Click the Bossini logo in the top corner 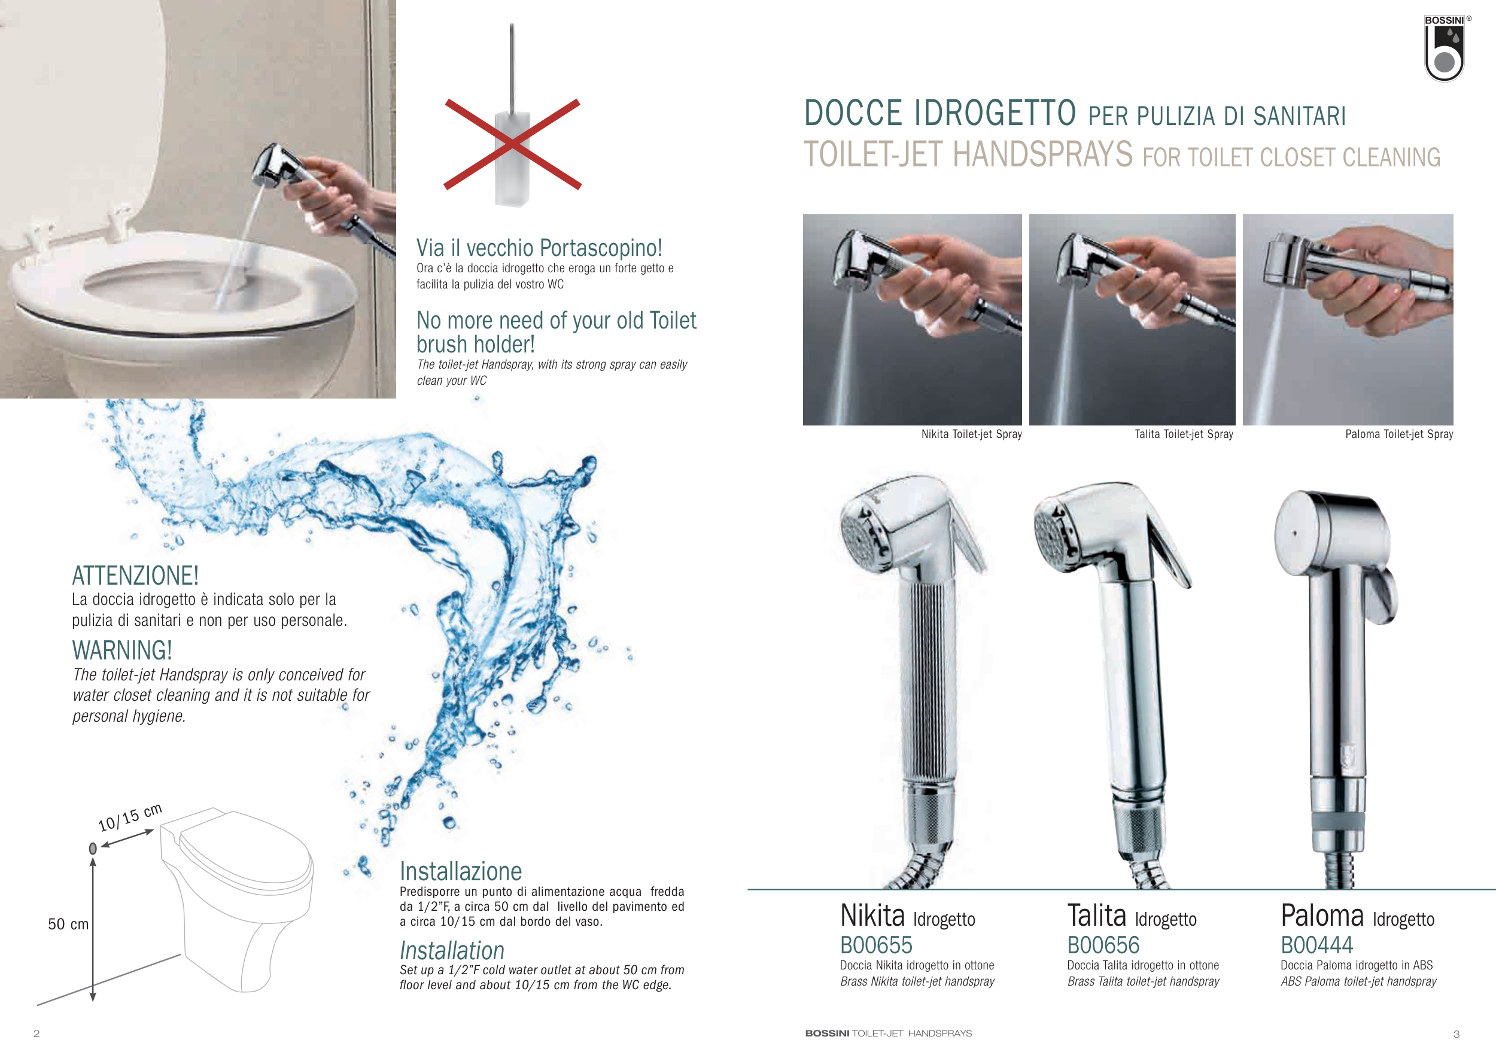tap(1445, 48)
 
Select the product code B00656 tap(1103, 945)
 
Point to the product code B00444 tap(1317, 945)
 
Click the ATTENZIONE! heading tap(135, 576)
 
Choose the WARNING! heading tap(122, 650)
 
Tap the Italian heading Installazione tap(461, 871)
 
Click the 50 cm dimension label tap(68, 924)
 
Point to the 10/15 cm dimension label tap(130, 817)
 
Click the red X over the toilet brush tap(512, 144)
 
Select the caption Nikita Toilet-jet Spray tap(971, 434)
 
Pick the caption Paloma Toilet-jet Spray tap(1399, 434)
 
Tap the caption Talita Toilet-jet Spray tap(1184, 434)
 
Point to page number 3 tap(1457, 1034)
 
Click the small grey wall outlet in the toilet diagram tap(93, 848)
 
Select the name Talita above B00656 tap(1097, 916)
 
